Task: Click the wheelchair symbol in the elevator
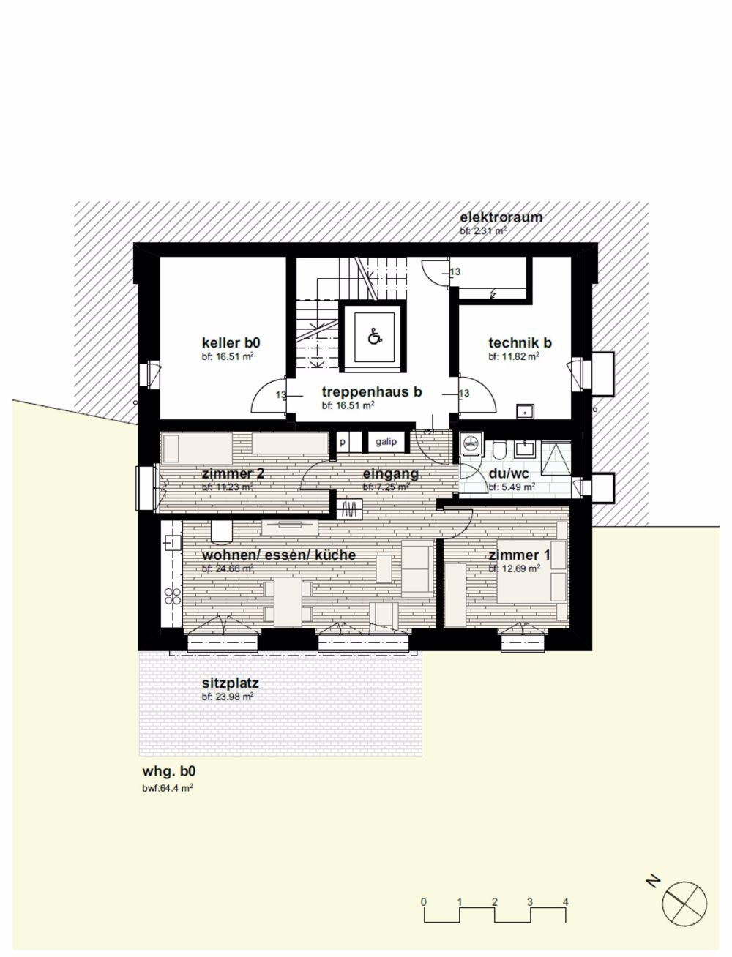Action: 373,337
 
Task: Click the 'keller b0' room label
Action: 231,342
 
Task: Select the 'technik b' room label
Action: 520,342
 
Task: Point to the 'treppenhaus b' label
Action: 372,392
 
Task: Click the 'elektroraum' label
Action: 501,217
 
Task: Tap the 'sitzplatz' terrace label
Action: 230,684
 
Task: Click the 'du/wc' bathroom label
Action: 507,473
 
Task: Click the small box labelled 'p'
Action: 342,442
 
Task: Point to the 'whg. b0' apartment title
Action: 169,771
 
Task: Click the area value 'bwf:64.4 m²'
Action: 168,788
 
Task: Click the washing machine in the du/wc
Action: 471,443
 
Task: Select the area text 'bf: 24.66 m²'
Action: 228,568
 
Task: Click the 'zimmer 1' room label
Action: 518,555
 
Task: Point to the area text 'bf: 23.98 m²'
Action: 227,698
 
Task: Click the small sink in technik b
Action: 525,411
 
